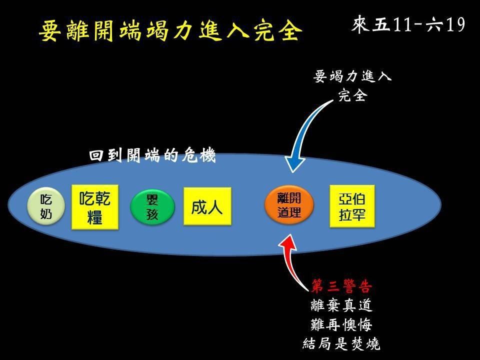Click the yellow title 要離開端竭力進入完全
pos(170,30)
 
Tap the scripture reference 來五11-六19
pos(408,24)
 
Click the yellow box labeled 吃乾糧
pos(95,207)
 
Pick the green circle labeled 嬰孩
pos(152,207)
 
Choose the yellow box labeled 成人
pos(207,206)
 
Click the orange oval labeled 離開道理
pos(289,205)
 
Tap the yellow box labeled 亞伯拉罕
pos(352,206)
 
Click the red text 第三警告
pos(341,286)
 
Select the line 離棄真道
pos(341,305)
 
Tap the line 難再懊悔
pos(341,324)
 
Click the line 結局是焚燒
pos(341,343)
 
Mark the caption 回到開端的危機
pos(152,155)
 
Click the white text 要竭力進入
pos(352,76)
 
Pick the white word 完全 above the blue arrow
pos(352,95)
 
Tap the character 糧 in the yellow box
pos(95,217)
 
